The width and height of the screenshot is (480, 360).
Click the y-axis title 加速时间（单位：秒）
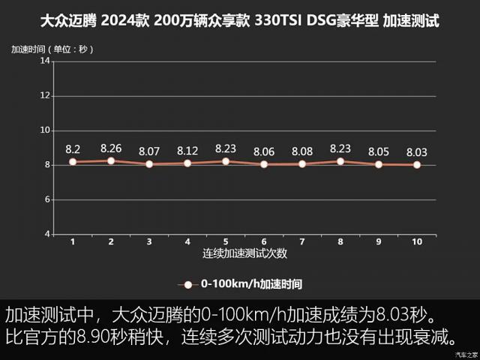(52, 49)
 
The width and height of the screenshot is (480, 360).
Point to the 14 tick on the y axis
(45, 61)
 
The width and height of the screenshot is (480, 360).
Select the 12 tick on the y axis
(45, 95)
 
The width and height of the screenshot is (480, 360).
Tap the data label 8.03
(417, 151)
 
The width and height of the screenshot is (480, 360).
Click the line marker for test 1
(73, 162)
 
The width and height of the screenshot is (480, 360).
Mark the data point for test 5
(226, 161)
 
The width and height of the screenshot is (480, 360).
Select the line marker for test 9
(379, 164)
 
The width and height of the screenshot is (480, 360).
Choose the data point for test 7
(302, 163)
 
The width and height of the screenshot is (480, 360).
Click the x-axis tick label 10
(417, 241)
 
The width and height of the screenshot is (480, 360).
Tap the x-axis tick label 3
(149, 241)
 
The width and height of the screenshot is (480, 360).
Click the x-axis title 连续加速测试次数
(244, 253)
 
